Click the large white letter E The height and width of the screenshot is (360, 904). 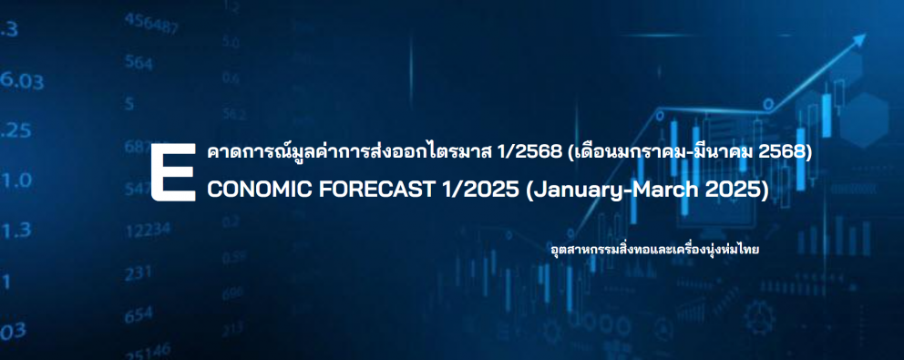(x=173, y=173)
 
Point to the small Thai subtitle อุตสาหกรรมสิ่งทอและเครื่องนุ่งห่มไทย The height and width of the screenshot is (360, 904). (x=655, y=251)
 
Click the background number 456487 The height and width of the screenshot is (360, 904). (x=151, y=25)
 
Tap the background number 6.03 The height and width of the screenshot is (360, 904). (x=21, y=81)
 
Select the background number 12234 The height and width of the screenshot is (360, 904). (x=149, y=231)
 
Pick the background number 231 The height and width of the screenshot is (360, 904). (x=139, y=273)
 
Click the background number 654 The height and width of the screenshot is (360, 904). (x=139, y=315)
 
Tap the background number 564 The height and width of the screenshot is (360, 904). (x=139, y=62)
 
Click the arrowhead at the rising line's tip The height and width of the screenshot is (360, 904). (x=859, y=40)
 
